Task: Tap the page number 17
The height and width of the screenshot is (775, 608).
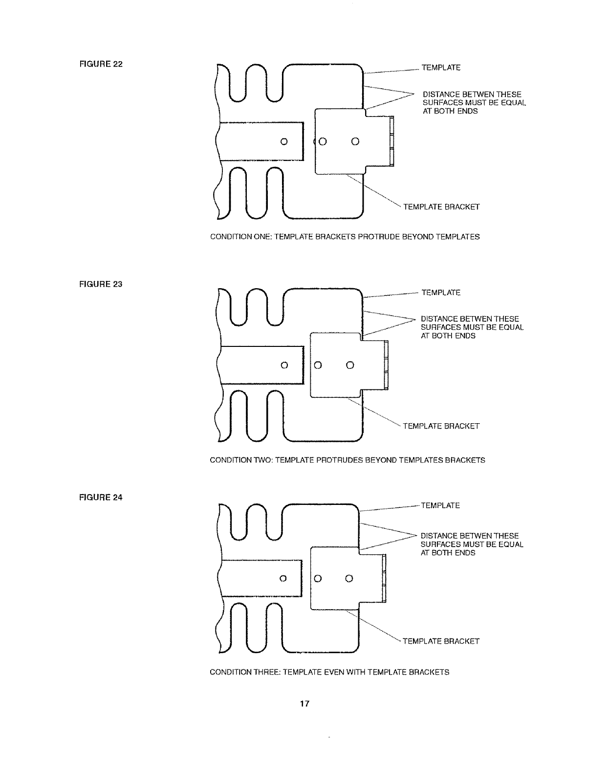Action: (304, 704)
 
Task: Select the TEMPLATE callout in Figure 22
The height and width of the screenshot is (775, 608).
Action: (441, 68)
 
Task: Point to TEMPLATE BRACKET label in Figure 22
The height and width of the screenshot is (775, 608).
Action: (441, 207)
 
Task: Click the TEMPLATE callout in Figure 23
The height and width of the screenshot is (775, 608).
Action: (441, 293)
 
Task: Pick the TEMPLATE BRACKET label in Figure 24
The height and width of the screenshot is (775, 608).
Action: (441, 641)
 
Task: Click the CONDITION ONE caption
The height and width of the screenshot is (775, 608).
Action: (345, 237)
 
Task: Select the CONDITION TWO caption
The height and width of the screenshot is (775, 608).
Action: (347, 460)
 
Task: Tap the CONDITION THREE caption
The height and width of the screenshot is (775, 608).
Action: (329, 672)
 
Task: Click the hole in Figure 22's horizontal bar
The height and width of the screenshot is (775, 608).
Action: (284, 142)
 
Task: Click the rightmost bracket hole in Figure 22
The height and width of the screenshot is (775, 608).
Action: (355, 142)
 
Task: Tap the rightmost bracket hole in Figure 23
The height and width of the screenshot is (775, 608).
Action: (350, 365)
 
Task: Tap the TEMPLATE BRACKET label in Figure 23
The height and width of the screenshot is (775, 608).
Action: (441, 426)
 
